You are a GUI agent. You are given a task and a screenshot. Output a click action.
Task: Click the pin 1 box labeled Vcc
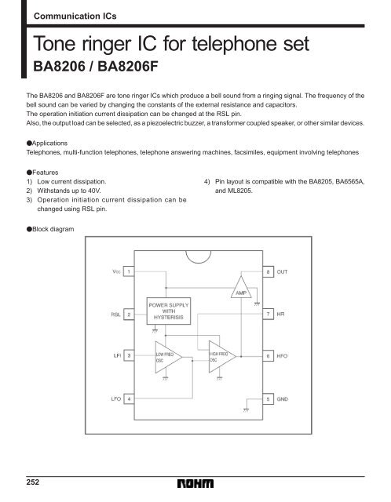pyautogui.click(x=128, y=271)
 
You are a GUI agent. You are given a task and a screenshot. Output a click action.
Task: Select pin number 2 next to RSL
pyautogui.click(x=128, y=315)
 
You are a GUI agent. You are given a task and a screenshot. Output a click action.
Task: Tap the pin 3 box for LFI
pyautogui.click(x=128, y=355)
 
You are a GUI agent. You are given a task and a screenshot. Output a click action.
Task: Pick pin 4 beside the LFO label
pyautogui.click(x=128, y=398)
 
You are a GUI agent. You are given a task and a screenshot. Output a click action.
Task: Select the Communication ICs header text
pyautogui.click(x=75, y=14)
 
